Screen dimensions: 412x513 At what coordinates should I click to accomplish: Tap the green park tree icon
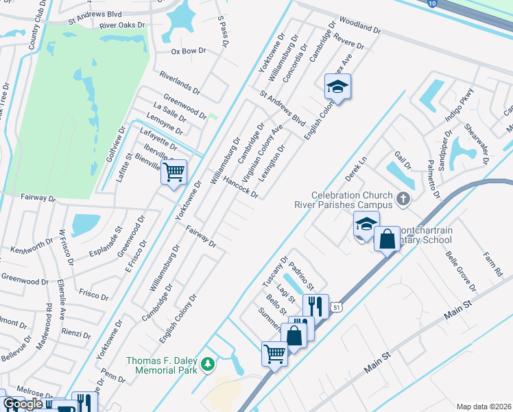click(212, 363)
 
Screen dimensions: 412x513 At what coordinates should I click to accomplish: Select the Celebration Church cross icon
click(403, 200)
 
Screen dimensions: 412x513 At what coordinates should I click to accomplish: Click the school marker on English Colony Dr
click(337, 87)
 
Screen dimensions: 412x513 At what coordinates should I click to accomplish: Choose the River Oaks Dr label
click(123, 25)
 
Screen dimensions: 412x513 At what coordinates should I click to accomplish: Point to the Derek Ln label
click(357, 168)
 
